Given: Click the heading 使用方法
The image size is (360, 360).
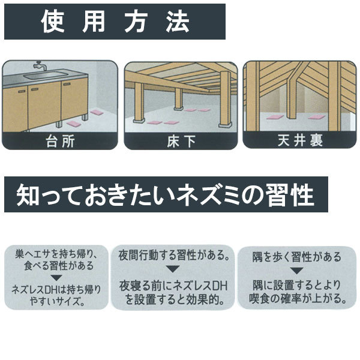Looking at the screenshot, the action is pyautogui.click(x=115, y=23).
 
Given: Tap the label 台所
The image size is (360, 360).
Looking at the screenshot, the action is pyautogui.click(x=60, y=142).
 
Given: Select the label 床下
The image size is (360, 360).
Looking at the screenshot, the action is pyautogui.click(x=181, y=142).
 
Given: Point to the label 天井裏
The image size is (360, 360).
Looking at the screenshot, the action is pyautogui.click(x=299, y=142).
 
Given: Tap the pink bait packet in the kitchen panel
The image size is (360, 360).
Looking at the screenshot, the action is pyautogui.click(x=99, y=114).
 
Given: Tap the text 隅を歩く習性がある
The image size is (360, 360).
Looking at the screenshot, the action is pyautogui.click(x=298, y=257).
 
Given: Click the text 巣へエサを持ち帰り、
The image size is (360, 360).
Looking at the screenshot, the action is pyautogui.click(x=57, y=254).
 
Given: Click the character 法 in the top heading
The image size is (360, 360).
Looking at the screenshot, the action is pyautogui.click(x=175, y=23).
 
